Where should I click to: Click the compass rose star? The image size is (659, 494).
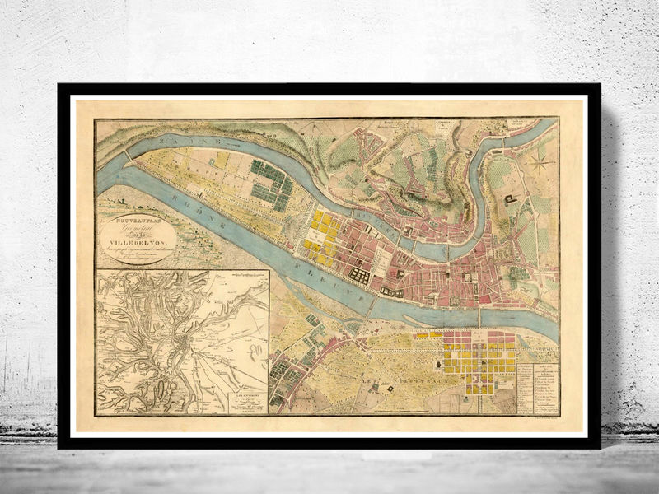pyautogui.click(x=540, y=164)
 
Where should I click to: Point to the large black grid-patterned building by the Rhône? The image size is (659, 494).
pyautogui.click(x=361, y=274)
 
